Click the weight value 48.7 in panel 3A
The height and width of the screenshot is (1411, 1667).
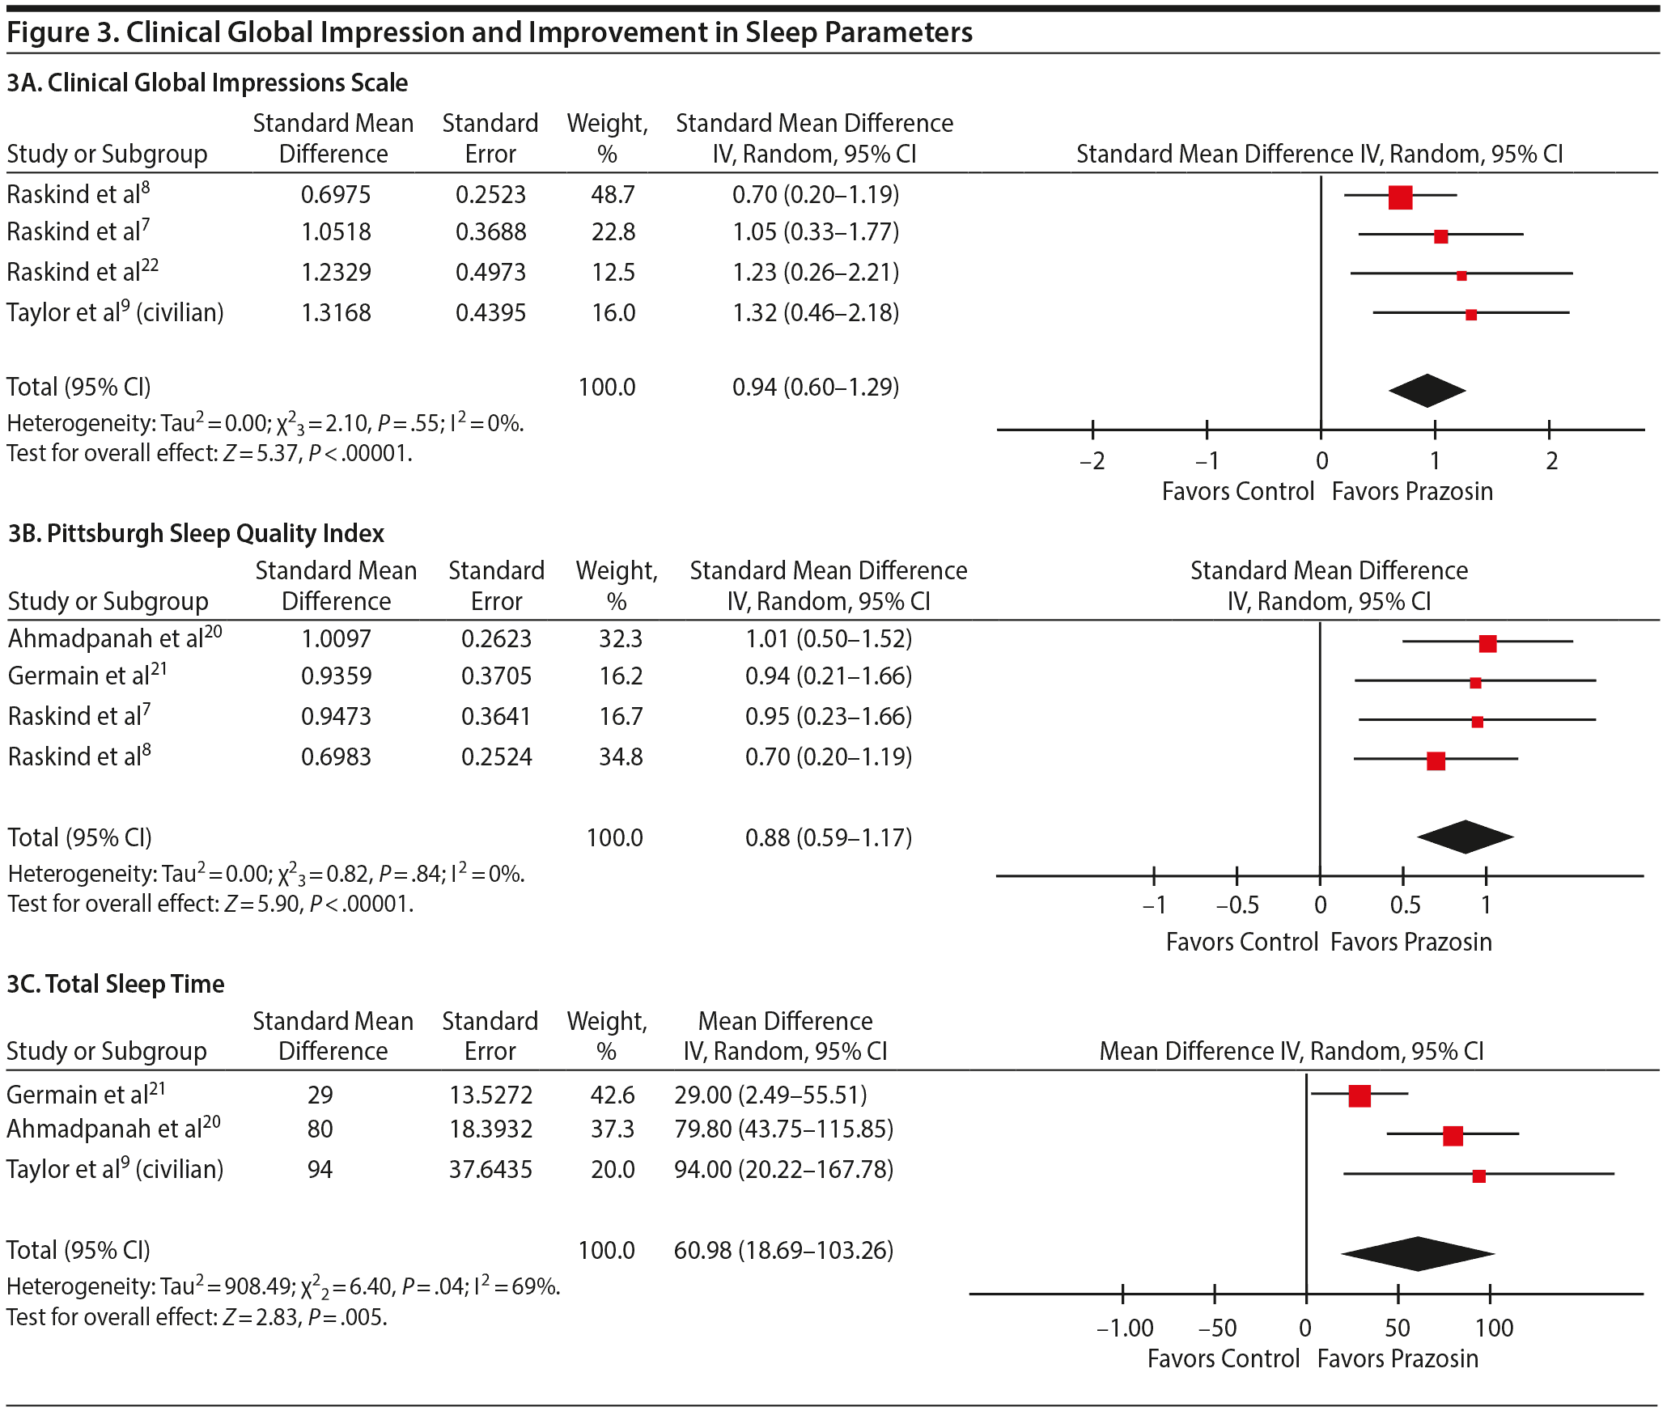pyautogui.click(x=613, y=194)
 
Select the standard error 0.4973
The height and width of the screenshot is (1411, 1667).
pyautogui.click(x=490, y=272)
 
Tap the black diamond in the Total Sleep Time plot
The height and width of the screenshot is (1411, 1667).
pyautogui.click(x=1418, y=1253)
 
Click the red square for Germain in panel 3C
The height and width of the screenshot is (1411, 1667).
pyautogui.click(x=1359, y=1095)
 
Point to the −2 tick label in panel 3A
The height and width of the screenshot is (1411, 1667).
pyautogui.click(x=1092, y=461)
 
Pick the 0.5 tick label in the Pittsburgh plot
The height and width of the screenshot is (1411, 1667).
pyautogui.click(x=1405, y=905)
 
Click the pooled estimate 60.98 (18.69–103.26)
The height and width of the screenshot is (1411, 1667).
pyautogui.click(x=783, y=1250)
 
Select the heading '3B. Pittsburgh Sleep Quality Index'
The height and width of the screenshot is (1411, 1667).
pyautogui.click(x=196, y=533)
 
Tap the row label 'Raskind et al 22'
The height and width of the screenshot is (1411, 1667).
pyautogui.click(x=83, y=271)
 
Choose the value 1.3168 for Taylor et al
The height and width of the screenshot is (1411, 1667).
pyautogui.click(x=336, y=312)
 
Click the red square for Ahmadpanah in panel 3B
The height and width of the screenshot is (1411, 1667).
pyautogui.click(x=1487, y=643)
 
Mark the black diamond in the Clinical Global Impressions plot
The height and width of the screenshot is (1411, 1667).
pyautogui.click(x=1427, y=391)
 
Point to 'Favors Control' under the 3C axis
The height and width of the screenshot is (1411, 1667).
pyautogui.click(x=1223, y=1358)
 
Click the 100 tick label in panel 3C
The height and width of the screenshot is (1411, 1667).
pyautogui.click(x=1493, y=1328)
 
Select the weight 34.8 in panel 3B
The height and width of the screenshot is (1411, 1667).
pyautogui.click(x=621, y=756)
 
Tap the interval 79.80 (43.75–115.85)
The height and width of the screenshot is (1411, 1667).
pyautogui.click(x=783, y=1129)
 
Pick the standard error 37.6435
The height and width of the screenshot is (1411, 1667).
pyautogui.click(x=490, y=1169)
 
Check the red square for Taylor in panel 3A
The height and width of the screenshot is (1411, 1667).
pyautogui.click(x=1471, y=315)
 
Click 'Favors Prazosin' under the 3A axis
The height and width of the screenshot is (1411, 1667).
pyautogui.click(x=1412, y=491)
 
